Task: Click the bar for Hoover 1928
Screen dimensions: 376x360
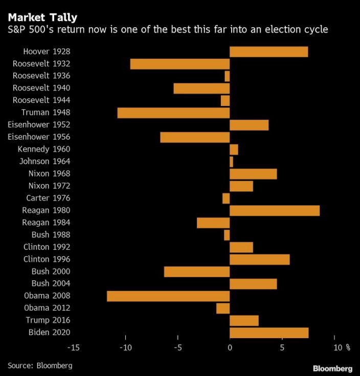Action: click(268, 52)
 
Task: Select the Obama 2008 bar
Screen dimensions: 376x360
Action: click(168, 296)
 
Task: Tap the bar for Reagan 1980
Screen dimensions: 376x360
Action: click(275, 210)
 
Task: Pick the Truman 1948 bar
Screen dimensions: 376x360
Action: click(173, 113)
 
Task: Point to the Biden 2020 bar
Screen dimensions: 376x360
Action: click(269, 333)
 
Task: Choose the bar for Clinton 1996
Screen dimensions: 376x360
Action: click(259, 259)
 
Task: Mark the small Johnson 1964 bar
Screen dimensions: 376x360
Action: click(231, 162)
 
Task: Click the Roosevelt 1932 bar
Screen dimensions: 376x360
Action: click(180, 64)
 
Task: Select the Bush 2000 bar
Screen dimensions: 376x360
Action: click(197, 272)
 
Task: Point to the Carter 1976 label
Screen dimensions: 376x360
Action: click(48, 198)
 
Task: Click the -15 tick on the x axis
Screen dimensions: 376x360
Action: click(73, 348)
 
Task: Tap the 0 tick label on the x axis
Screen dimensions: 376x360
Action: click(230, 348)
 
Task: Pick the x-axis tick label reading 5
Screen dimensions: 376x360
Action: click(282, 348)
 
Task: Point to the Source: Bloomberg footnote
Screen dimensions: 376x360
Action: click(40, 365)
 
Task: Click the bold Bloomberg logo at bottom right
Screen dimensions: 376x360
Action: click(332, 368)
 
